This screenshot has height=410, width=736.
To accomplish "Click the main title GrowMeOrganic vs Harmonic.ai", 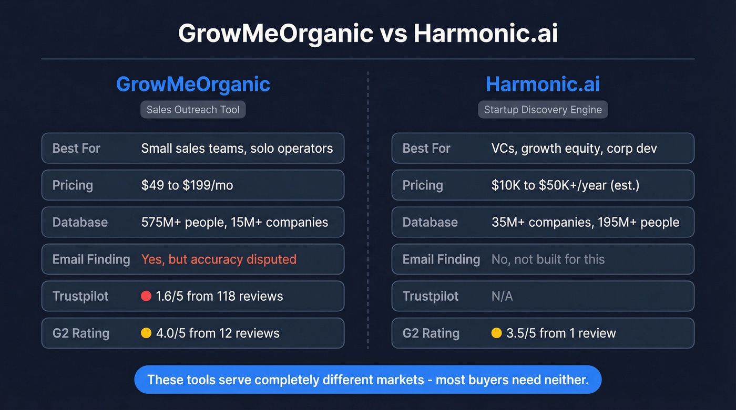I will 367,34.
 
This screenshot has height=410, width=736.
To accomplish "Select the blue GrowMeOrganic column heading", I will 193,85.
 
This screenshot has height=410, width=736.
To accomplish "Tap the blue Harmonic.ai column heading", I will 543,85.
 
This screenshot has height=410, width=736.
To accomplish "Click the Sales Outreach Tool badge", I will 193,110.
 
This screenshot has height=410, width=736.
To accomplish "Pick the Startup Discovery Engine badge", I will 543,110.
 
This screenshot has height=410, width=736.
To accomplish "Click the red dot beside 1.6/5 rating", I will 146,296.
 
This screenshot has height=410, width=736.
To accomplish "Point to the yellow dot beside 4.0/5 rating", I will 146,333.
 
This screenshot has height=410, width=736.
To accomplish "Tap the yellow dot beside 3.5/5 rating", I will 496,333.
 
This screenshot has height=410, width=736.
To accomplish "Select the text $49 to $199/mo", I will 187,185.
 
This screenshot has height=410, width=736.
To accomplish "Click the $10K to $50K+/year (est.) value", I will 565,185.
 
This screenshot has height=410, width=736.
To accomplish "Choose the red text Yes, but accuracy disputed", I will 219,259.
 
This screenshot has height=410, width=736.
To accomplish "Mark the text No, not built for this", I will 548,259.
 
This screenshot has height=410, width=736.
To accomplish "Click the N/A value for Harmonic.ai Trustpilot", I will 502,296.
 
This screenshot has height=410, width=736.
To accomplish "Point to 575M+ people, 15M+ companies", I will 234,222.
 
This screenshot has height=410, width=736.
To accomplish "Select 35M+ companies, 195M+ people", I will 585,222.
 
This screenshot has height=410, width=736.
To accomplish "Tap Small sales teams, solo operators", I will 237,149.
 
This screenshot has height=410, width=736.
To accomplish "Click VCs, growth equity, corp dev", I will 574,149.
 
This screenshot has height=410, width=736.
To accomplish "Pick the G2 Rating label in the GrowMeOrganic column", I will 81,333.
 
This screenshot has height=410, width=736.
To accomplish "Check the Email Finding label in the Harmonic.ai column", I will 441,259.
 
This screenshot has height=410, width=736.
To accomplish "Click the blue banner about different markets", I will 367,380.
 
